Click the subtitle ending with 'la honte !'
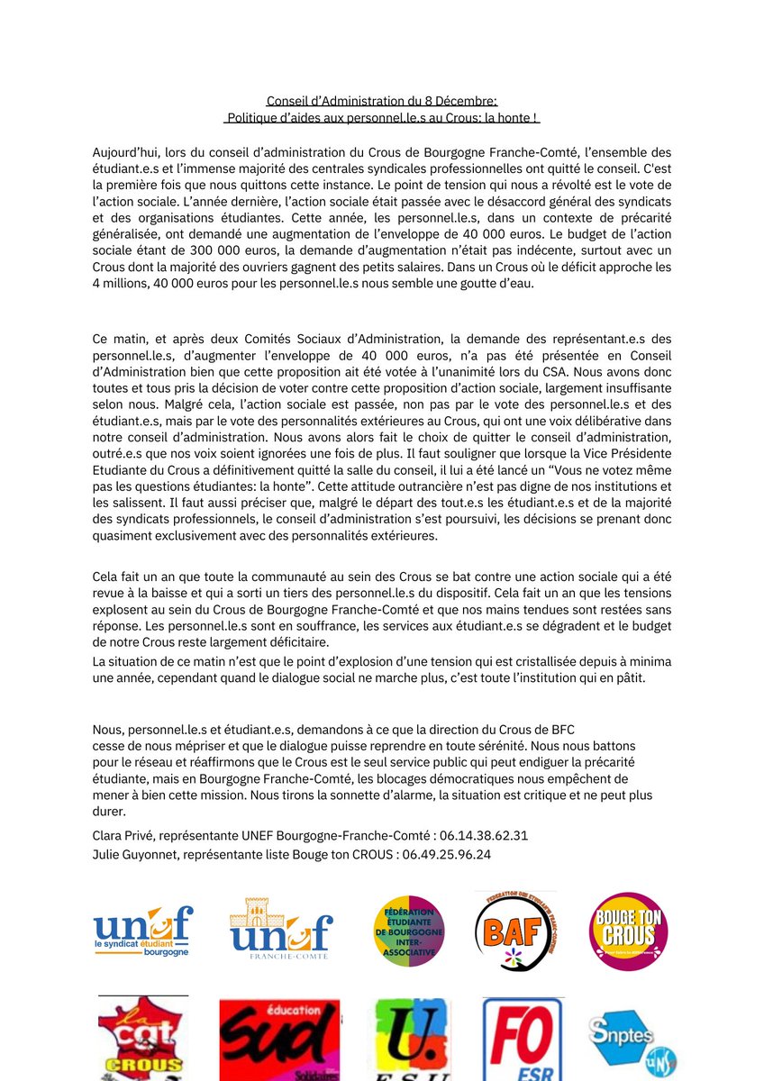382,117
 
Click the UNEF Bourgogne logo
142,931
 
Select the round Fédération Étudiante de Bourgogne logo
408,931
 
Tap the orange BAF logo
515,931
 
